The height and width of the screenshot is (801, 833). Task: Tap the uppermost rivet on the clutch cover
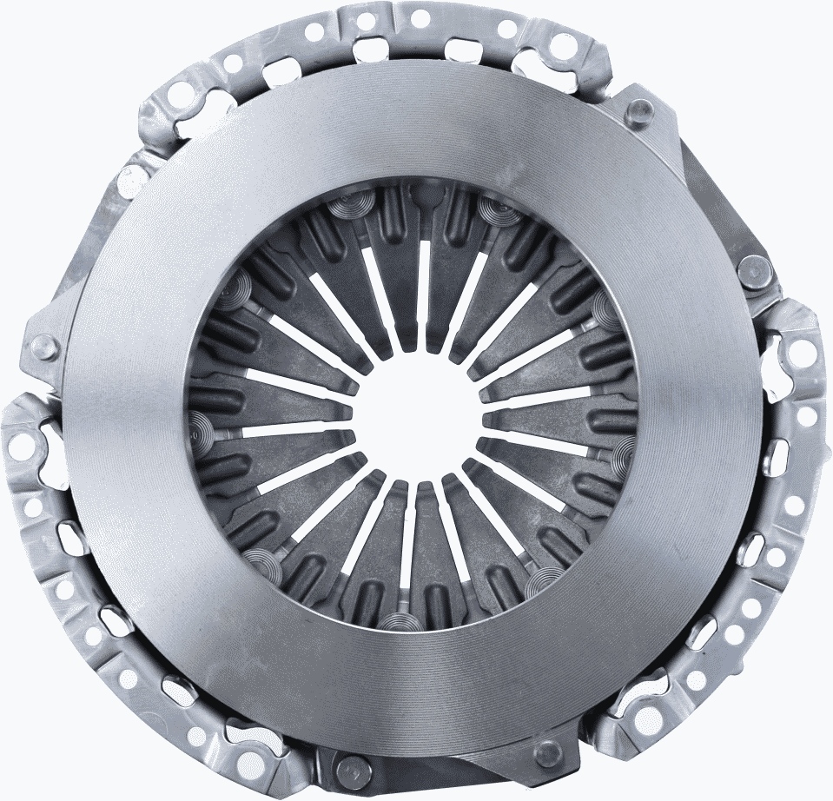641,109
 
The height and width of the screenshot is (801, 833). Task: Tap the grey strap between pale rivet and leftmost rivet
78,261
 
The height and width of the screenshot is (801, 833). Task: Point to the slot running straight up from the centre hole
425,287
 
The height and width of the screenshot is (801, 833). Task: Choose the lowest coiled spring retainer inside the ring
399,622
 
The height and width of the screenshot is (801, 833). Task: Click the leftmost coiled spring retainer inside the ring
198,427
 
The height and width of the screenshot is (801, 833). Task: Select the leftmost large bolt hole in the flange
21,447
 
